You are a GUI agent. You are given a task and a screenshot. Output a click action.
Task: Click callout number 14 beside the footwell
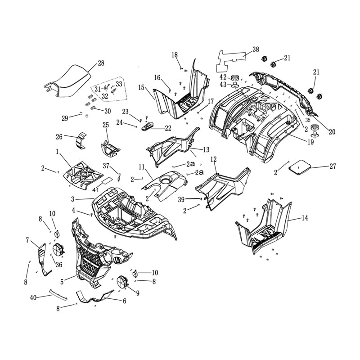[305, 218]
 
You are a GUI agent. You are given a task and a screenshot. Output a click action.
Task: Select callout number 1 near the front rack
[58, 153]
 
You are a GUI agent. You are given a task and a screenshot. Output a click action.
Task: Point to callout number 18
[175, 55]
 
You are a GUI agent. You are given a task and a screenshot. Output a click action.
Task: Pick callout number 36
[58, 265]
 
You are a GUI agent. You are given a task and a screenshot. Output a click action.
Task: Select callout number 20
[332, 132]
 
